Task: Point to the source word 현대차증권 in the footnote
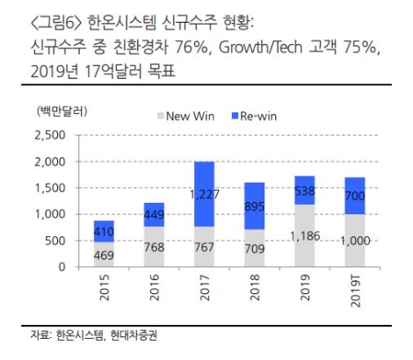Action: point(139,335)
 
